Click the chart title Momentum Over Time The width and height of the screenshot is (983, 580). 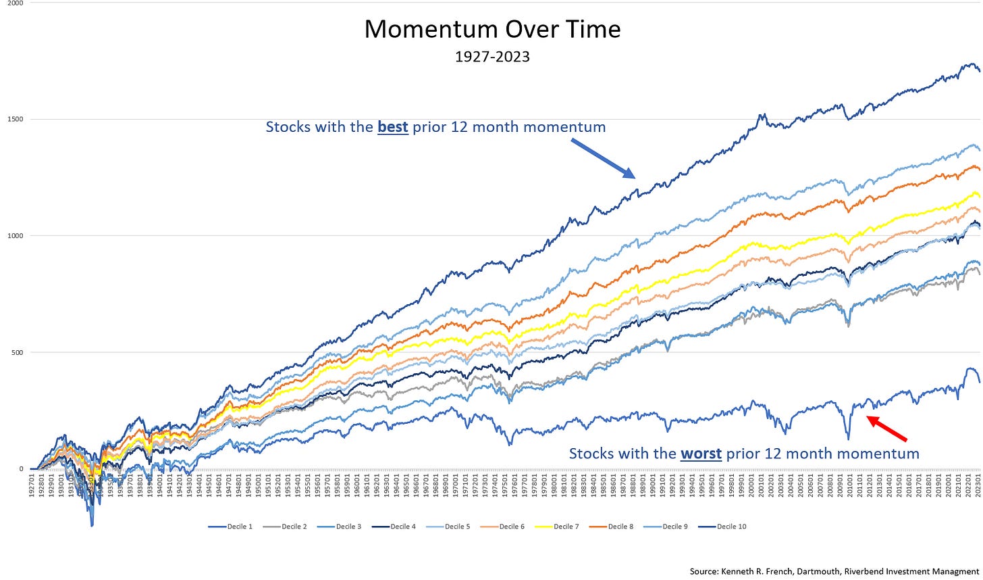click(x=492, y=29)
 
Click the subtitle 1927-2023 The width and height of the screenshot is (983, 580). click(x=492, y=57)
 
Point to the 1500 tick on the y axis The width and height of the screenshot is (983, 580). click(x=15, y=119)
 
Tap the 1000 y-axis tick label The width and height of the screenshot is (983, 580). click(x=15, y=236)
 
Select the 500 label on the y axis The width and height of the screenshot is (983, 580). click(x=17, y=352)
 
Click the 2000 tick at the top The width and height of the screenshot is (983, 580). click(x=15, y=3)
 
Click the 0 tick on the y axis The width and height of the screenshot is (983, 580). click(x=21, y=468)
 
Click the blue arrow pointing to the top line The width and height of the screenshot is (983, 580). click(x=603, y=159)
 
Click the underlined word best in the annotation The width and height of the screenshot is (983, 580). click(x=392, y=127)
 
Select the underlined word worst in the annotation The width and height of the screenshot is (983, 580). click(x=701, y=454)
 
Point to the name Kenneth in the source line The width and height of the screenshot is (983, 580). click(x=735, y=572)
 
